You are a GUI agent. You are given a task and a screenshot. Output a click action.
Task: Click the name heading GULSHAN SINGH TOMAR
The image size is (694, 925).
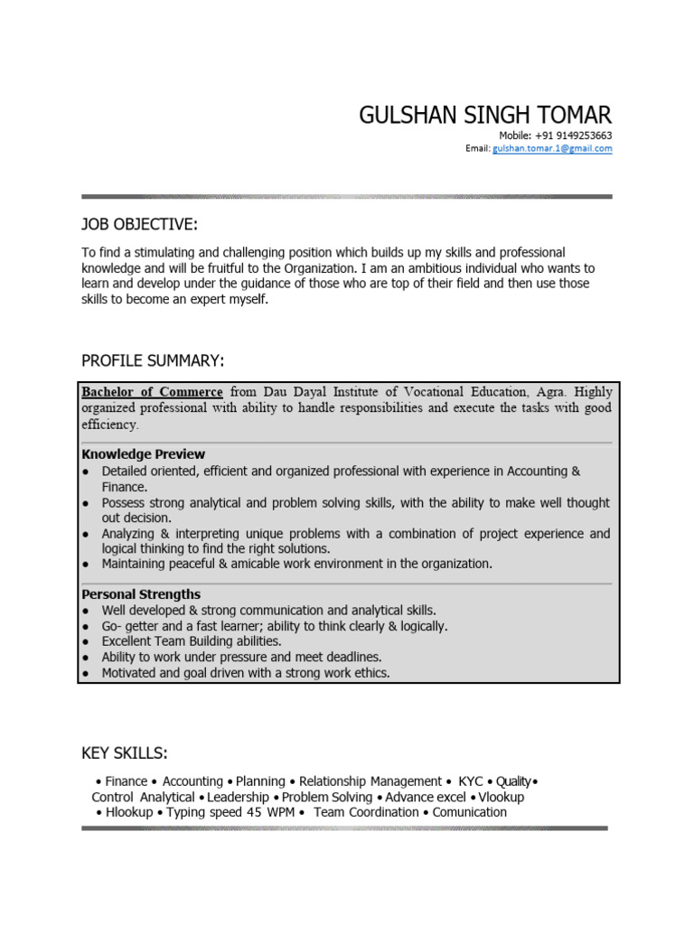485,115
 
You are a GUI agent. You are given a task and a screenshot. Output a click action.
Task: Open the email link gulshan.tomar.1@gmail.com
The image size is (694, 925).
552,149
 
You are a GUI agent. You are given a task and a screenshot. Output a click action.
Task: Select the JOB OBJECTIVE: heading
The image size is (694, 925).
139,224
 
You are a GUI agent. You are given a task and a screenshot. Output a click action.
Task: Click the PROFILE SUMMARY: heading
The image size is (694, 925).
153,361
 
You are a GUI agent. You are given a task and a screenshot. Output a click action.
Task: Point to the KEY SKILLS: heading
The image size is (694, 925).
125,753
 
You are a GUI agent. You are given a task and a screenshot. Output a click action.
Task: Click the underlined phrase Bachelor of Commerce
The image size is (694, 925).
152,392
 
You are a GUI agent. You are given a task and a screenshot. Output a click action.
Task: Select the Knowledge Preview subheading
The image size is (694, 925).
143,454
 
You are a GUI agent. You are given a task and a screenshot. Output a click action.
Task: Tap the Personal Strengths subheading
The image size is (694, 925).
141,594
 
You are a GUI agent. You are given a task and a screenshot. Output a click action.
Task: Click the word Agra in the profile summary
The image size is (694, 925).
549,392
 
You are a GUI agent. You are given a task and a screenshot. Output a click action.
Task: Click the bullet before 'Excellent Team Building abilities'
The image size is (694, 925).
85,642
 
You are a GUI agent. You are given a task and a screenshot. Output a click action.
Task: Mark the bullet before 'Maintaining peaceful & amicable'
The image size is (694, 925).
85,565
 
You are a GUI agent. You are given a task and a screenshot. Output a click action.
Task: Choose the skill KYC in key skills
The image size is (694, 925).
471,781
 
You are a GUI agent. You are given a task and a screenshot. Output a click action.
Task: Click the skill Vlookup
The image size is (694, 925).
501,797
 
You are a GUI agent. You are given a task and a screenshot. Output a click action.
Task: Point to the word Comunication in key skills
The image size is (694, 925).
469,812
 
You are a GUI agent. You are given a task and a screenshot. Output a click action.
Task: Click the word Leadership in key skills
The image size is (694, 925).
239,797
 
